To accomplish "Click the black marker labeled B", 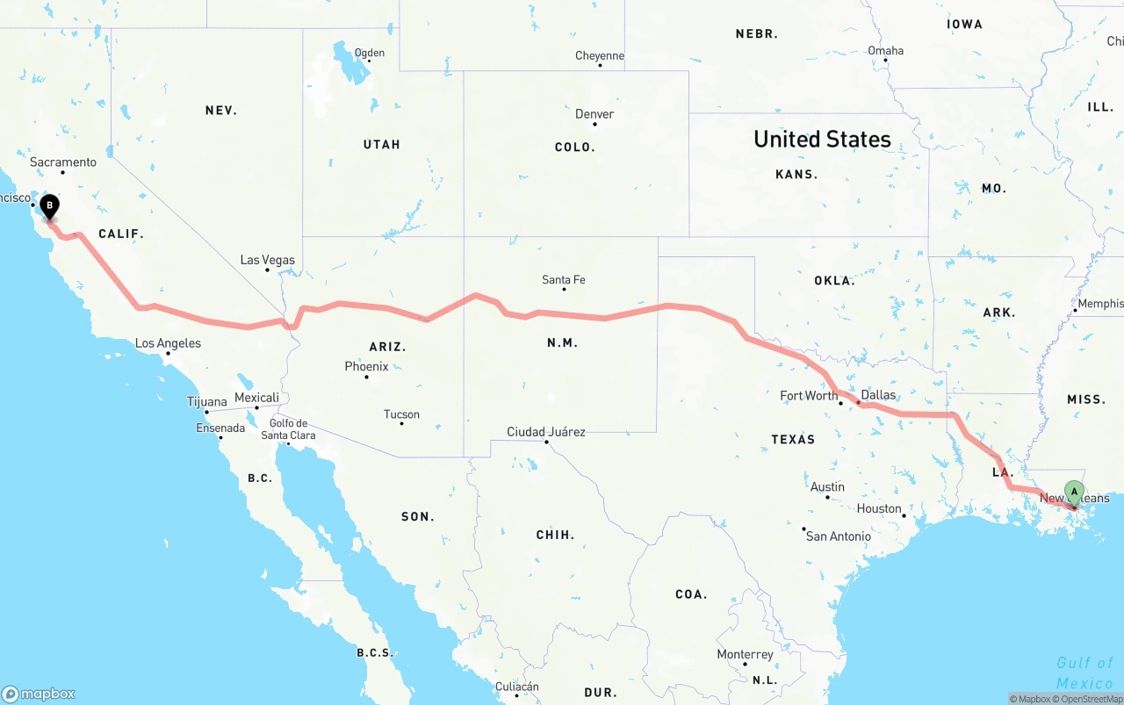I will click(50, 206).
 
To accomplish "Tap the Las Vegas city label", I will click(268, 260).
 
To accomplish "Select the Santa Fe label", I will click(563, 280).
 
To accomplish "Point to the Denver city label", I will click(594, 114).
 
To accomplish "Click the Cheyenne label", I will click(600, 56).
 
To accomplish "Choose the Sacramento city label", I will click(63, 162).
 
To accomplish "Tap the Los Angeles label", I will click(168, 343).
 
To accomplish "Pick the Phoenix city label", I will click(366, 366).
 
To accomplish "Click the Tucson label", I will click(401, 414).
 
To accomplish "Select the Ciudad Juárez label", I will click(546, 432).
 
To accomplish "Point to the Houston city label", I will click(879, 508).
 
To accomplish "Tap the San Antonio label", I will click(839, 536).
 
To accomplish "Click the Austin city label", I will click(827, 487).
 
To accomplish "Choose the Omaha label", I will click(885, 51).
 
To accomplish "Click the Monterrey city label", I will click(745, 654).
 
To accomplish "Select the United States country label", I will click(822, 140).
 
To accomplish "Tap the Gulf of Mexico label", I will click(1084, 673).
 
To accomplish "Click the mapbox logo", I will click(39, 694).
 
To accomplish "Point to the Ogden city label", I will click(369, 54).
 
